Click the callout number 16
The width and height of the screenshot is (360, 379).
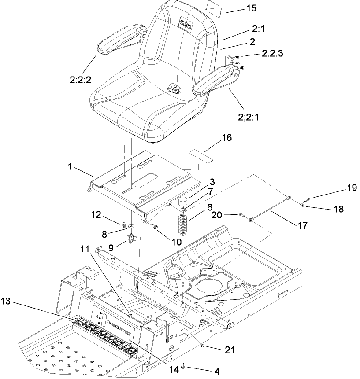(x=226, y=138)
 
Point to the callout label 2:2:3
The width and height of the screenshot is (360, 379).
(x=273, y=53)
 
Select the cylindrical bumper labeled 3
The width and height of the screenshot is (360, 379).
(x=182, y=203)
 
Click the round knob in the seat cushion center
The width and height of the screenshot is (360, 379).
(x=176, y=90)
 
